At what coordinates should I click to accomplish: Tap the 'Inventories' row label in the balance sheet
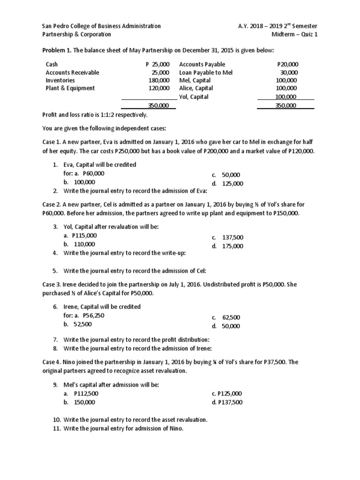(60, 80)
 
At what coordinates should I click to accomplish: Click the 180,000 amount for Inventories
(158, 80)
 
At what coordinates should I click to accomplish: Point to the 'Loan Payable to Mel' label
(206, 73)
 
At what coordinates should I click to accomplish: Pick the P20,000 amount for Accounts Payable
(288, 65)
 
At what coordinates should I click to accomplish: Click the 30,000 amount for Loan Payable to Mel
(290, 73)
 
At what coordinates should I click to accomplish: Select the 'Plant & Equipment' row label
(70, 88)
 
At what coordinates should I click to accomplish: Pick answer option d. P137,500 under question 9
(227, 402)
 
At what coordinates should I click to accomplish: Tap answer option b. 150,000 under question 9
(80, 402)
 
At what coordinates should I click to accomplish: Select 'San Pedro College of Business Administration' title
(101, 26)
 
